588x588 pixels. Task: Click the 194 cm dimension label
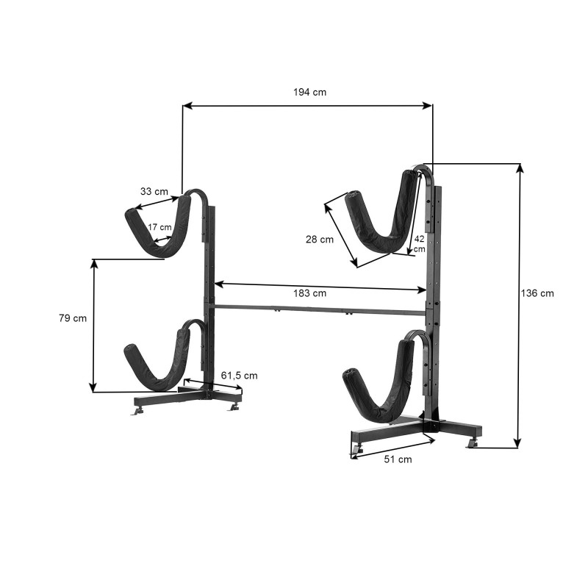click(x=309, y=93)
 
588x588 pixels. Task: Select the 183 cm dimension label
click(x=309, y=293)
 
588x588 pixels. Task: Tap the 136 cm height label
click(x=537, y=293)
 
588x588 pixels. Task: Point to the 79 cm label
click(x=73, y=318)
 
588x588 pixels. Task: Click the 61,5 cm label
click(x=240, y=376)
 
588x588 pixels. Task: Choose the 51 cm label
click(x=398, y=459)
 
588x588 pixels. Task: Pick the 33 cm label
click(x=154, y=192)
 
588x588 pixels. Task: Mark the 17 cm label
click(x=159, y=227)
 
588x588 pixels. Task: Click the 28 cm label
click(x=320, y=240)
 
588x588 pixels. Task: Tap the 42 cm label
click(x=419, y=244)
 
